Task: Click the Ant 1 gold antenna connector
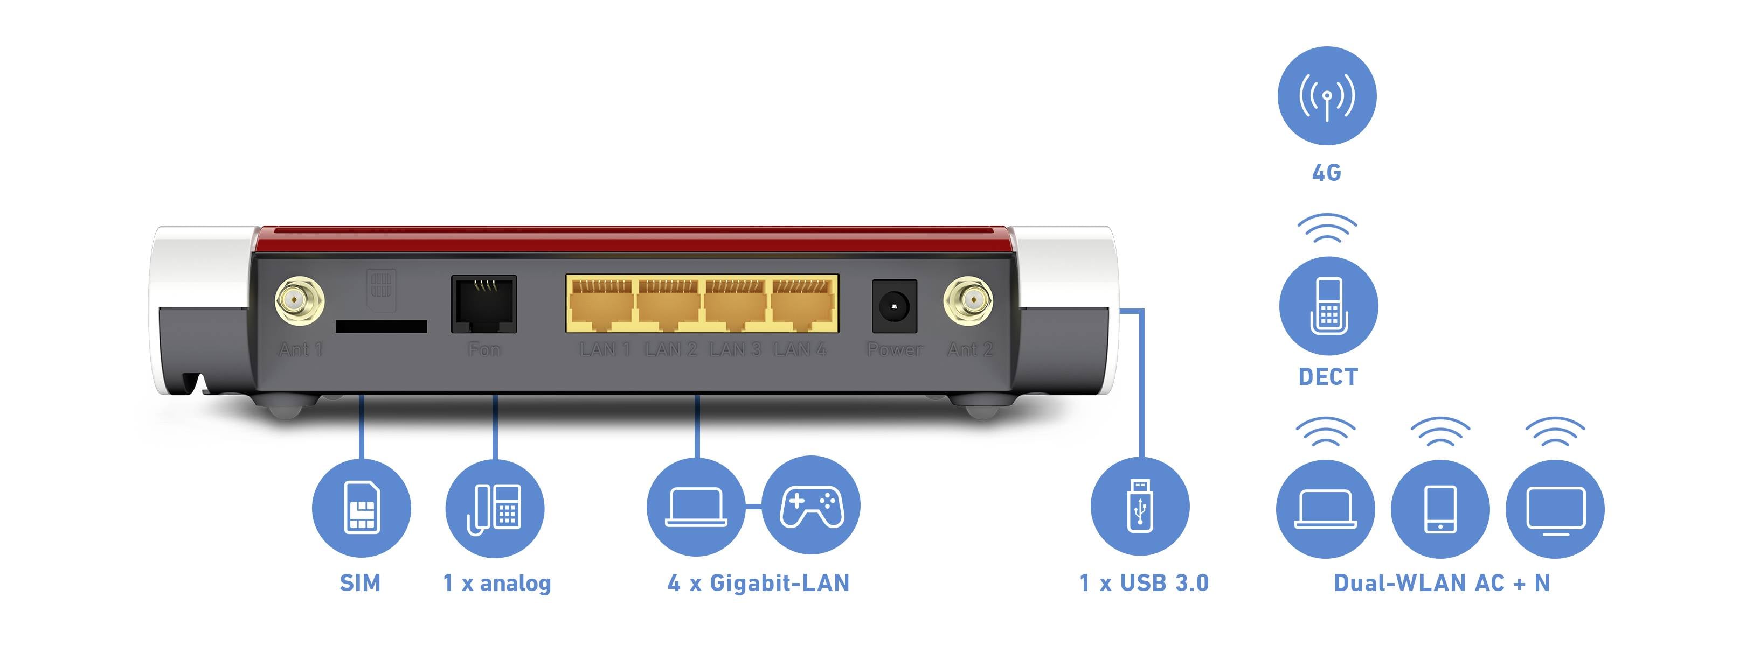pos(299,300)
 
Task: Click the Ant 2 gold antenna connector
pos(968,300)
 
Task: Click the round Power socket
pos(894,307)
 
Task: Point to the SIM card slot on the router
pos(381,326)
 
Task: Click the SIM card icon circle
pos(361,508)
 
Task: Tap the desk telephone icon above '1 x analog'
pos(495,508)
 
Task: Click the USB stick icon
pos(1140,507)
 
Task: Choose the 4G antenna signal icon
pos(1326,95)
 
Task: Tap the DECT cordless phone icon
pos(1328,306)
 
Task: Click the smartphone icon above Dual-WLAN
pos(1439,509)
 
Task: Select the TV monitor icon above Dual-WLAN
pos(1555,509)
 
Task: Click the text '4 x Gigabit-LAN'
pos(758,583)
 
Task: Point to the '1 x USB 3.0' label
pos(1144,583)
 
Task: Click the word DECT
pos(1328,376)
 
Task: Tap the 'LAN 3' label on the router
pos(735,349)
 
